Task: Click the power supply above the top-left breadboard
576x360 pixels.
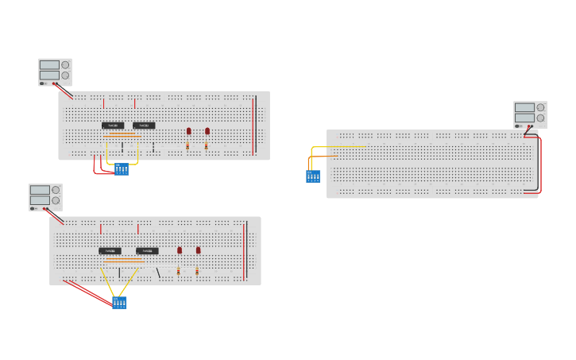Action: click(55, 72)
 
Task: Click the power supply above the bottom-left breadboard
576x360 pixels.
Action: click(45, 197)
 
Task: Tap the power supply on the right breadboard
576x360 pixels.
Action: click(530, 114)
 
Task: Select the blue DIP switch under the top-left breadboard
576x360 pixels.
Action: click(121, 169)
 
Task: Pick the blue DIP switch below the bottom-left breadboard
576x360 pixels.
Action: click(119, 303)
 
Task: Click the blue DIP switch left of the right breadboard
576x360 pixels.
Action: click(313, 176)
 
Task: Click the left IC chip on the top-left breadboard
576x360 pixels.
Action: click(113, 126)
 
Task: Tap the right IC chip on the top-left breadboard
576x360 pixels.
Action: click(144, 126)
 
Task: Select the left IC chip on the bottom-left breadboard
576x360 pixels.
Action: click(110, 251)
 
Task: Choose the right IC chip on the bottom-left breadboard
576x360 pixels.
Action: click(147, 251)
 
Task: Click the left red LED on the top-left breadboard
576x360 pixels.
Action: click(188, 131)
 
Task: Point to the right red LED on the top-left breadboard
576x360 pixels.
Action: click(207, 131)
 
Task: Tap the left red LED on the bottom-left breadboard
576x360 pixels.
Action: click(180, 250)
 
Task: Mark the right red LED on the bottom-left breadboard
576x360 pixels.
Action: click(199, 250)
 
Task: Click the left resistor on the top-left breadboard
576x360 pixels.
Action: click(187, 146)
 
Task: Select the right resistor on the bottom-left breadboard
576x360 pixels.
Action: click(197, 272)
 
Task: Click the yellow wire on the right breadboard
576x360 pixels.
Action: click(338, 146)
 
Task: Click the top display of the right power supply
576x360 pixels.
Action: click(524, 107)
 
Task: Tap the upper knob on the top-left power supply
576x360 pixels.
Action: click(65, 65)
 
